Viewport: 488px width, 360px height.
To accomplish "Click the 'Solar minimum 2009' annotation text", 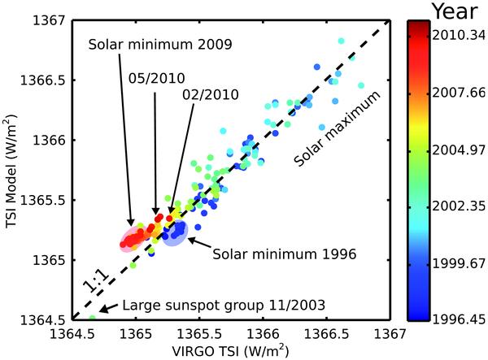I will (x=159, y=41).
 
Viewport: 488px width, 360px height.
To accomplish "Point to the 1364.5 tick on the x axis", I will (x=72, y=334).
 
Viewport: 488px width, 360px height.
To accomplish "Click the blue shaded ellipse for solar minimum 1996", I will (x=174, y=234).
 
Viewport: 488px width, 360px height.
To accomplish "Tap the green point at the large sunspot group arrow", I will (x=92, y=318).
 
